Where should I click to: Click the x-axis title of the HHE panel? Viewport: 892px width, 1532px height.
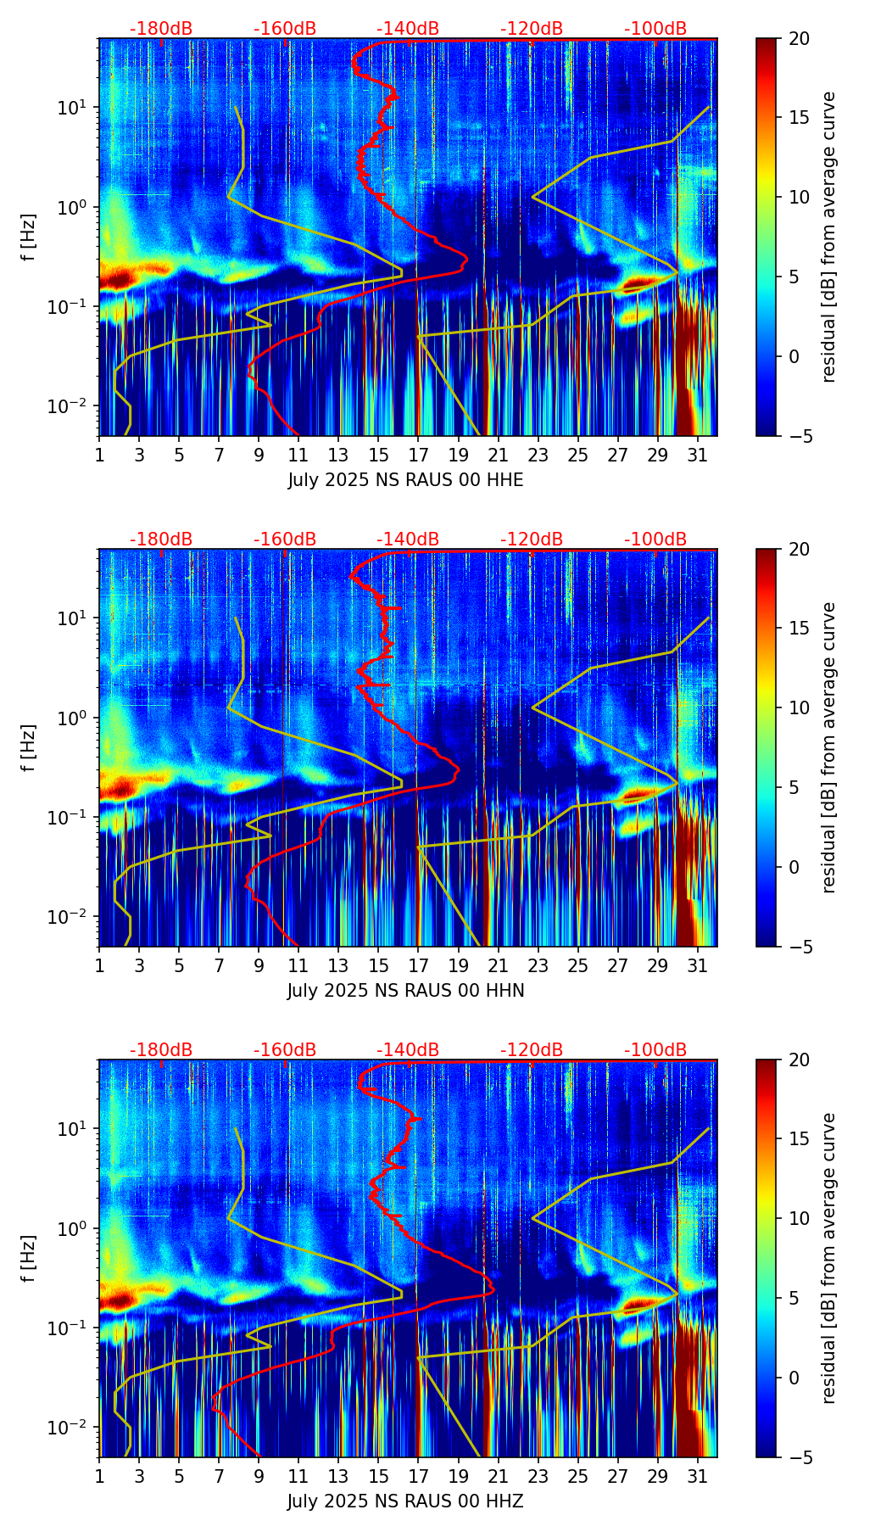pyautogui.click(x=405, y=480)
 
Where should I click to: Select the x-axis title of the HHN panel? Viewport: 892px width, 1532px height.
pyautogui.click(x=405, y=991)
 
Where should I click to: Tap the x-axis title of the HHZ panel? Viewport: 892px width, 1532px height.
pyautogui.click(x=405, y=1501)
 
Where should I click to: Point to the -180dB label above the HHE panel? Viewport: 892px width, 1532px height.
pyautogui.click(x=161, y=29)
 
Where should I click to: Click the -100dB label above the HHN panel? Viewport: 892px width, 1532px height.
pyautogui.click(x=655, y=540)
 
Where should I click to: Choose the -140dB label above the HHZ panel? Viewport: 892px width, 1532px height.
pyautogui.click(x=408, y=1050)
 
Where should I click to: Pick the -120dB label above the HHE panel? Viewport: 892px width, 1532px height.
pyautogui.click(x=532, y=29)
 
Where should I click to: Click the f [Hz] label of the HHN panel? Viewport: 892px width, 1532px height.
pyautogui.click(x=30, y=747)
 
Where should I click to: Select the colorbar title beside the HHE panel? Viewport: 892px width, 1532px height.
pyautogui.click(x=829, y=237)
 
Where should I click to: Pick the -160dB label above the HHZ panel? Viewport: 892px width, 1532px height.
pyautogui.click(x=285, y=1050)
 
